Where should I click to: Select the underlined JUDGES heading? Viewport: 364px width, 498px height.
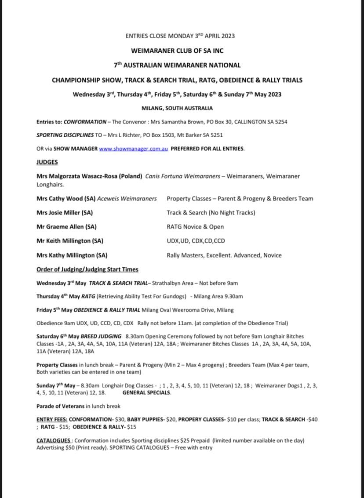point(47,162)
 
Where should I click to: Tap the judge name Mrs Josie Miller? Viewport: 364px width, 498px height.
point(64,213)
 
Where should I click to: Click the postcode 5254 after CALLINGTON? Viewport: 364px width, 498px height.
point(280,122)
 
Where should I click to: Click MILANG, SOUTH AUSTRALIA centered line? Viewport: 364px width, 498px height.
point(177,108)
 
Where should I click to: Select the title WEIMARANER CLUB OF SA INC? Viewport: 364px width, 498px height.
point(177,51)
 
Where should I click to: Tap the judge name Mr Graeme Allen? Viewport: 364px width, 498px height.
point(66,227)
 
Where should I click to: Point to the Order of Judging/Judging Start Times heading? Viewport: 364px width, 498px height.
point(87,269)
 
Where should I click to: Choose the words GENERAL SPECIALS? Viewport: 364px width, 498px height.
point(146,393)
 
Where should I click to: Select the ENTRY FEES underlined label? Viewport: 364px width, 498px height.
point(51,420)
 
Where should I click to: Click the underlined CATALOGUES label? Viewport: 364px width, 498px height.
point(53,440)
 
